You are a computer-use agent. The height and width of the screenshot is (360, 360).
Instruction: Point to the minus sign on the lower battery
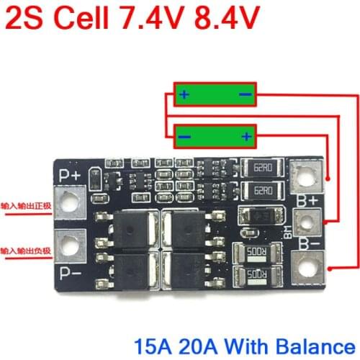click(x=185, y=135)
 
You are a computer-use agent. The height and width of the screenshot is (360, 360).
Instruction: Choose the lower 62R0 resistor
click(x=260, y=191)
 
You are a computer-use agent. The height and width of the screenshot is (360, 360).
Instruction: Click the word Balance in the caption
click(x=318, y=340)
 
